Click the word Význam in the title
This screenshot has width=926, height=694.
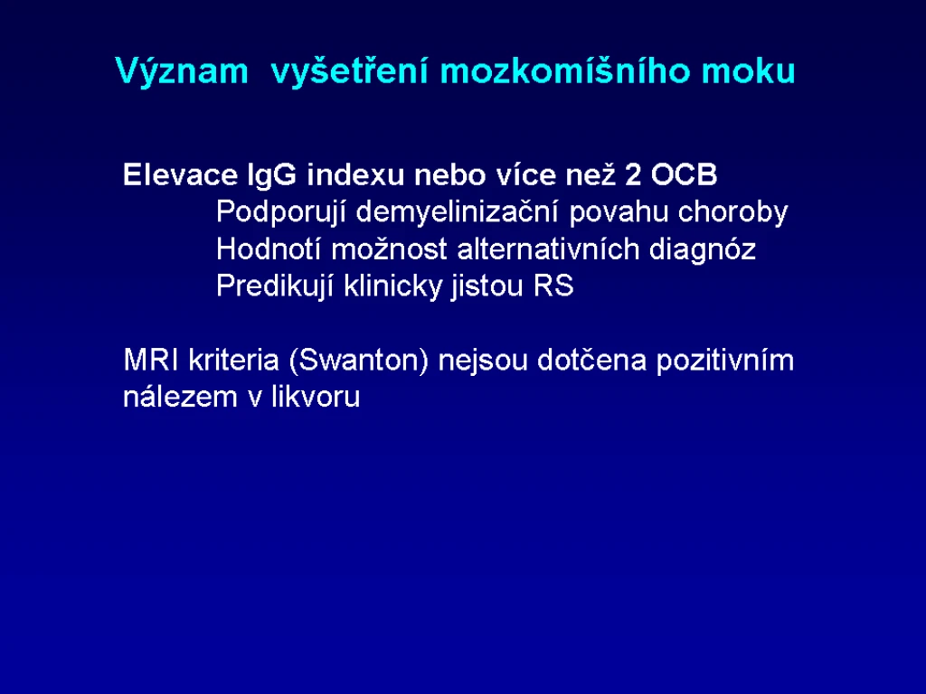pos(182,70)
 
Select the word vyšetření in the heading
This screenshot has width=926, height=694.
pos(349,72)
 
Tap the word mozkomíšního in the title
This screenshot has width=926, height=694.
pos(565,70)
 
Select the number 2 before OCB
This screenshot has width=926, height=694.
pos(633,174)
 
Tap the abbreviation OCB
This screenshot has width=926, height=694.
pos(684,174)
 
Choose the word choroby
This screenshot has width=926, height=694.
pos(732,212)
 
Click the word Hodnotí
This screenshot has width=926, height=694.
pos(268,249)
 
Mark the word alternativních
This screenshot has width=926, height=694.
pos(548,249)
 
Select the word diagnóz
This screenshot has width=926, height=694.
pos(702,250)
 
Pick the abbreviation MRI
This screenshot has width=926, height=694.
pos(151,360)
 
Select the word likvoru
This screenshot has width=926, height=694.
pos(316,397)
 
